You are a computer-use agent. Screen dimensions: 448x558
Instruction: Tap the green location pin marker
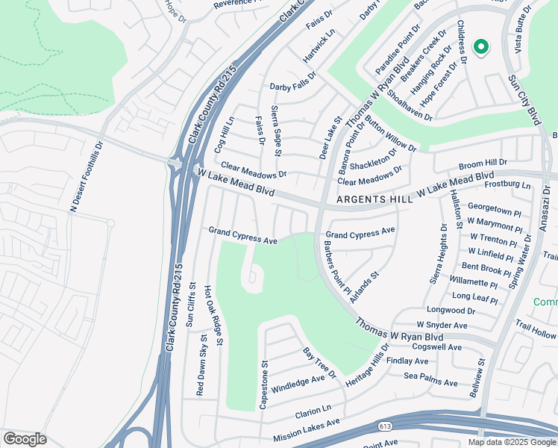(x=480, y=48)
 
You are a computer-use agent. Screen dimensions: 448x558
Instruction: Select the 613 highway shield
(x=384, y=426)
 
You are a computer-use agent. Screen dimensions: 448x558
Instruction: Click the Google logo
(x=25, y=439)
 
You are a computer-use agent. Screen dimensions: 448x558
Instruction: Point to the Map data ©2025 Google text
(x=512, y=442)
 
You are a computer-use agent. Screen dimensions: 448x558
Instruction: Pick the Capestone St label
(x=263, y=384)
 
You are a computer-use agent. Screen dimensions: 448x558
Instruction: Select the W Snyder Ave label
(x=442, y=326)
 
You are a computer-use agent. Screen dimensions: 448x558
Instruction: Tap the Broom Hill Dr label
(x=483, y=162)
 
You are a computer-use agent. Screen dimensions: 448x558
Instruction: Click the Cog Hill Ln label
(x=225, y=134)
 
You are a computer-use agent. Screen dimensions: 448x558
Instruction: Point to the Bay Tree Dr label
(x=319, y=362)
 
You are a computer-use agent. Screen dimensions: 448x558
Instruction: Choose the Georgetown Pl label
(x=495, y=207)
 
